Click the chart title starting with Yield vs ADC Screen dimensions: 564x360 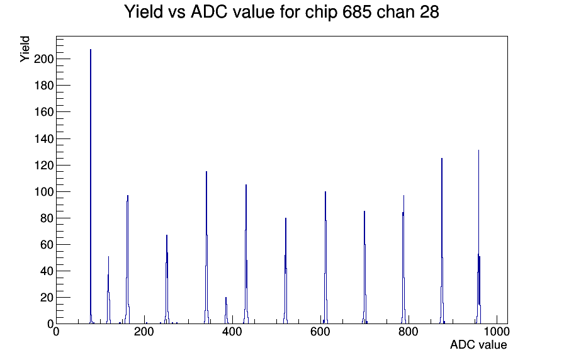point(281,11)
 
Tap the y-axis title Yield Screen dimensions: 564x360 point(25,49)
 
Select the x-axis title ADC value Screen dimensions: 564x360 point(478,344)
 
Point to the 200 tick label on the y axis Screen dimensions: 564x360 point(43,59)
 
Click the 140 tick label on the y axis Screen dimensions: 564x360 point(43,139)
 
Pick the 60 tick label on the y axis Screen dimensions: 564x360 point(47,245)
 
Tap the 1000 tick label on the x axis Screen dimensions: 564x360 point(497,331)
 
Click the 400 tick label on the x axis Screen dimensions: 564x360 point(232,331)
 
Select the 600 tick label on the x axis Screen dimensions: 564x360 point(320,331)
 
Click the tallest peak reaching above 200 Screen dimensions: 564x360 point(91,187)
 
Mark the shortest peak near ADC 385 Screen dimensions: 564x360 point(226,311)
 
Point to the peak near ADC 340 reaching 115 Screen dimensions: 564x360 point(206,248)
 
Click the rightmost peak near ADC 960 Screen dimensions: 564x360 point(479,237)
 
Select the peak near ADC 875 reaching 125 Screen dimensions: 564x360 point(442,241)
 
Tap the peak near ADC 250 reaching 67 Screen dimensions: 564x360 point(167,280)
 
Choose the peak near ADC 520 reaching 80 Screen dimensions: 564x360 point(286,271)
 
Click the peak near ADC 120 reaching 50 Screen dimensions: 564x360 point(108,291)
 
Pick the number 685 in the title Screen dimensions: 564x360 point(358,11)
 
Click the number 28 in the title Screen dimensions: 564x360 point(429,11)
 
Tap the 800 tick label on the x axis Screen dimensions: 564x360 point(409,331)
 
